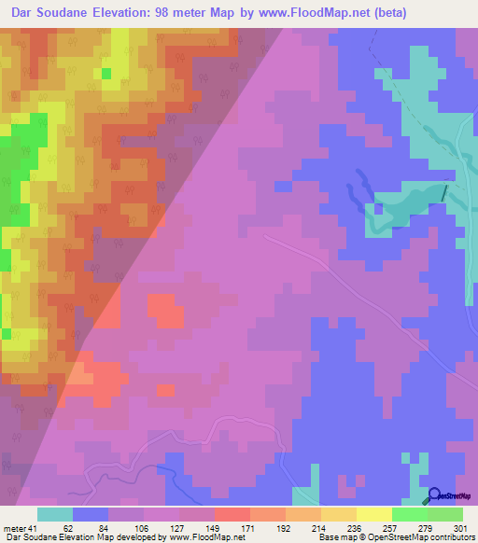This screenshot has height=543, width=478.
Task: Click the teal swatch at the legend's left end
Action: pyautogui.click(x=55, y=514)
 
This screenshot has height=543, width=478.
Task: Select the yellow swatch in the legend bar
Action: pyautogui.click(x=373, y=514)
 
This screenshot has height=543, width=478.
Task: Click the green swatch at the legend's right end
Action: pyautogui.click(x=445, y=514)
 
